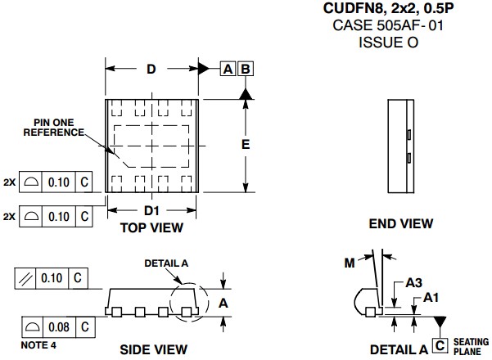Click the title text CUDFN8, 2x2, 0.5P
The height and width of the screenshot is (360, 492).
[387, 10]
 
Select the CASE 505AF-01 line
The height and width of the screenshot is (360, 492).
[387, 25]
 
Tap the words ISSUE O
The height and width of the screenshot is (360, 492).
[387, 42]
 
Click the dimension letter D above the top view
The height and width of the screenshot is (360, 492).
[151, 70]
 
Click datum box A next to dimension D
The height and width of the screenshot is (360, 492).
[228, 70]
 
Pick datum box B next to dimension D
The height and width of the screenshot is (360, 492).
[245, 70]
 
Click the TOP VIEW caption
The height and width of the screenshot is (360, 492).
[151, 227]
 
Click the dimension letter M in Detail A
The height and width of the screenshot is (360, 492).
[350, 262]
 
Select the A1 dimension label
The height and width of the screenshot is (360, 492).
[431, 299]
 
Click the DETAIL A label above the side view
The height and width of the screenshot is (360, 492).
[166, 263]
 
